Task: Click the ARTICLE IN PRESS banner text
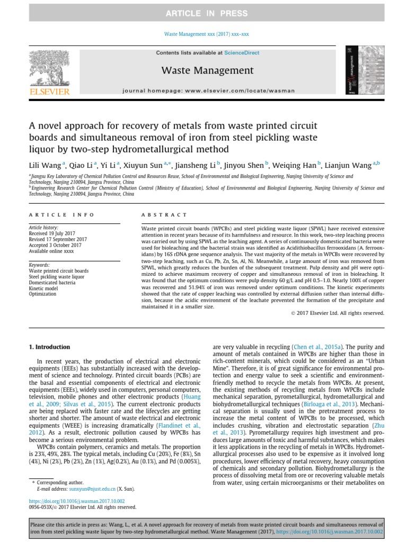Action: [x=203, y=13]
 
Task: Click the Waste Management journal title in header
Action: [x=207, y=70]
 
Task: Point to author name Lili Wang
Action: [x=45, y=166]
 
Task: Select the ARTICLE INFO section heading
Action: [x=61, y=215]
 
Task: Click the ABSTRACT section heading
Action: [x=164, y=215]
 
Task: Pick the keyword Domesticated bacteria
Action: [x=54, y=282]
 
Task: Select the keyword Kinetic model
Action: [x=44, y=288]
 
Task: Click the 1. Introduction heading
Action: [x=49, y=347]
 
